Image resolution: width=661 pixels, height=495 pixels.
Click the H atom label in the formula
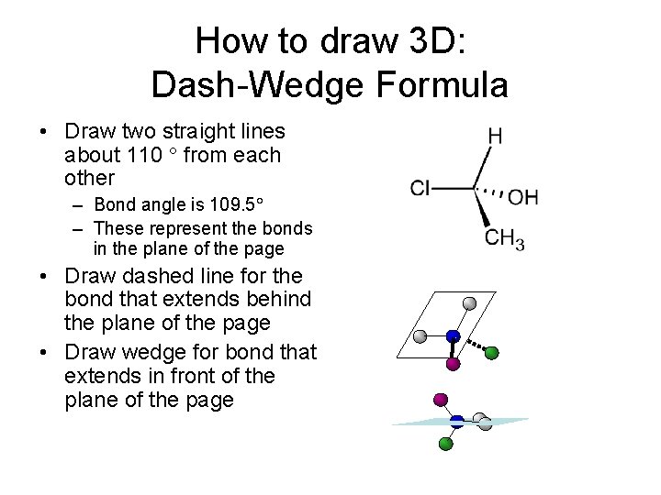click(x=495, y=136)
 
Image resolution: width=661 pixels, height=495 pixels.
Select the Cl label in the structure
click(x=420, y=189)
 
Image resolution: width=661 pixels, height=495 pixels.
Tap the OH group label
click(x=522, y=197)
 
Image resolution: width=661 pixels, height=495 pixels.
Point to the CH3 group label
click(x=504, y=240)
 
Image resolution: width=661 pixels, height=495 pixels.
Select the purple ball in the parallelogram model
click(x=452, y=364)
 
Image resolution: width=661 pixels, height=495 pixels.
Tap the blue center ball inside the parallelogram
click(x=452, y=336)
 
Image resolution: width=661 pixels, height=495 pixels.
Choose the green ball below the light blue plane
click(x=446, y=445)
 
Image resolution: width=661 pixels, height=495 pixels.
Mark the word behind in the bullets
click(x=279, y=299)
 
